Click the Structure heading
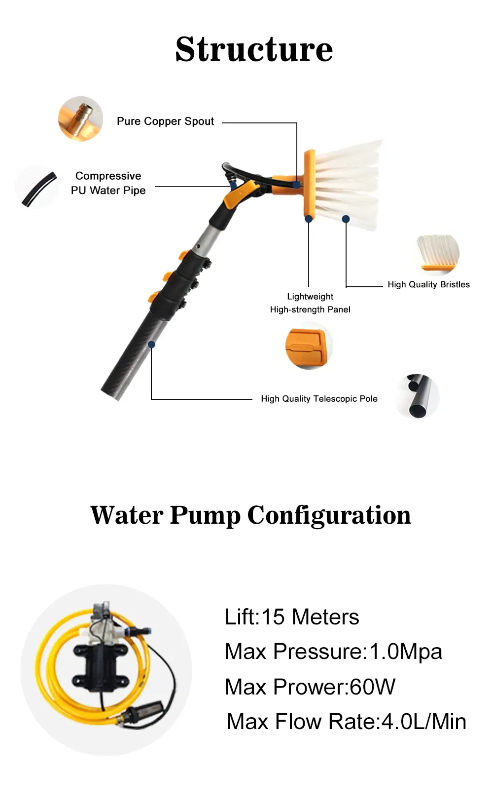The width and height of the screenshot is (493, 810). pos(254,49)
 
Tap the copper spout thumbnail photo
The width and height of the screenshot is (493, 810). pos(80,119)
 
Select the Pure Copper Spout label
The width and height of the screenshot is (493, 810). pos(165,121)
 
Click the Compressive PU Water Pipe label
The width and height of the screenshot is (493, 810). pos(108,183)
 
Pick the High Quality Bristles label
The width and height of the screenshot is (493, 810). pos(428,284)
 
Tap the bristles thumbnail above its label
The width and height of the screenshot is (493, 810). pos(438,254)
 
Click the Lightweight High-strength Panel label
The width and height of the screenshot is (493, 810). pos(310,303)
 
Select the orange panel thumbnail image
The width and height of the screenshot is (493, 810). pos(309,346)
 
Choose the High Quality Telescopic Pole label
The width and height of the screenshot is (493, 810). pos(319,399)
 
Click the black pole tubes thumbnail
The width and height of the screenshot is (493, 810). pos(417,396)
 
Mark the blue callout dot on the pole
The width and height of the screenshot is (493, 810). pos(152,345)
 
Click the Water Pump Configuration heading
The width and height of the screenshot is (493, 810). pos(250,515)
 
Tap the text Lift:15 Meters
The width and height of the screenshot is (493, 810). pos(292,617)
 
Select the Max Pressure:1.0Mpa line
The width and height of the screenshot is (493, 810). pos(333,652)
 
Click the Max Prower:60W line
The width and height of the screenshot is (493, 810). pos(310,687)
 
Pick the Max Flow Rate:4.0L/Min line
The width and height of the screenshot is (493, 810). pos(346,722)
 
